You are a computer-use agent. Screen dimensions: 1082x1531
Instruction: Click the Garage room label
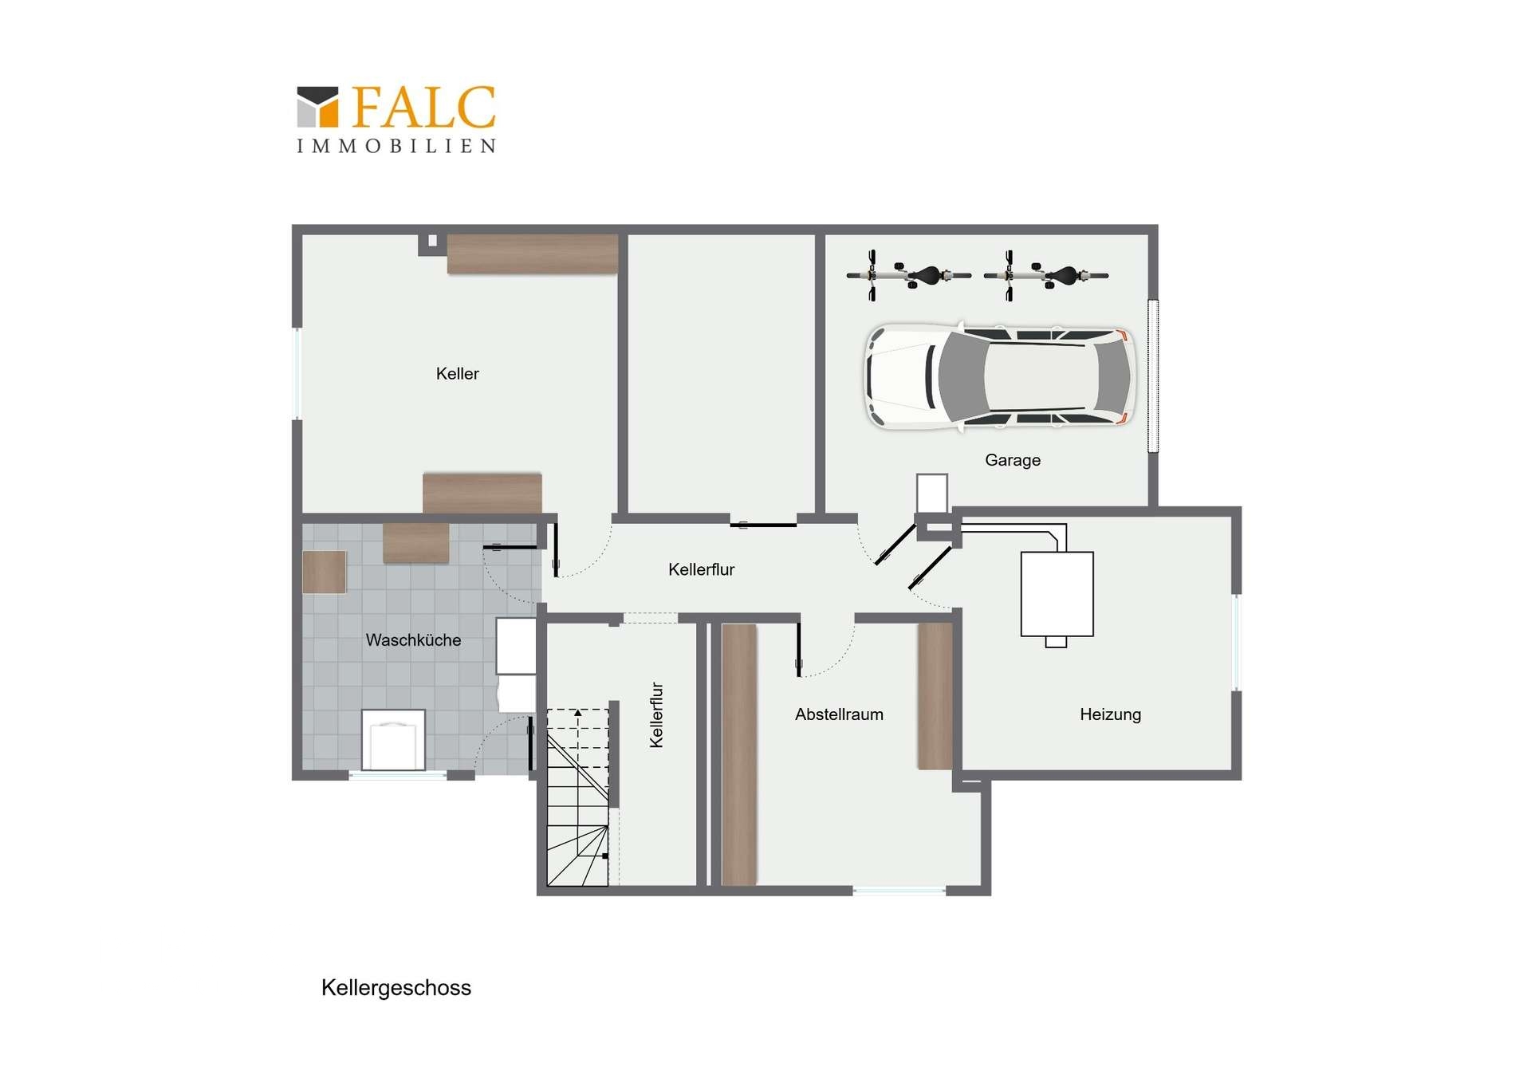pos(1012,460)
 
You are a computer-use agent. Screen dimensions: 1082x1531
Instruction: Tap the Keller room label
pos(457,374)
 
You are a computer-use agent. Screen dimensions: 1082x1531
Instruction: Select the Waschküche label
pos(413,640)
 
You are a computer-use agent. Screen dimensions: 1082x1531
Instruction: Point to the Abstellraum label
pos(839,714)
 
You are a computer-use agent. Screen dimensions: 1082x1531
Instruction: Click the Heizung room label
pos(1110,714)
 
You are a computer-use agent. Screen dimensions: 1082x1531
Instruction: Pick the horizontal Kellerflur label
pos(701,569)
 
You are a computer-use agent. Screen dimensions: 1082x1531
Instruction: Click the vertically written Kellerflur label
pos(656,714)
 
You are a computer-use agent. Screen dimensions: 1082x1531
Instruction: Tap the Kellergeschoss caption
pos(396,988)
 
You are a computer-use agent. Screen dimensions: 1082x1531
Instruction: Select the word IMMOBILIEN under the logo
pos(396,146)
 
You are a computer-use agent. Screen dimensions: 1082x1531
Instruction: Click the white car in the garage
pos(1000,376)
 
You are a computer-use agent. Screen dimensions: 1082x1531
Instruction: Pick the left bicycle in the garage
pos(908,276)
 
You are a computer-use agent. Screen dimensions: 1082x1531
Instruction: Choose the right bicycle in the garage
pos(1045,276)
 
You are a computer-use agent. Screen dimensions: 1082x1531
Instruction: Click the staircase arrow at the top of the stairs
pos(578,714)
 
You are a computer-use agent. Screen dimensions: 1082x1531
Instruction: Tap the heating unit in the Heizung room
pos(1057,594)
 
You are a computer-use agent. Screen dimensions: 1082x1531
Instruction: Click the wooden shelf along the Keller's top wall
pos(532,254)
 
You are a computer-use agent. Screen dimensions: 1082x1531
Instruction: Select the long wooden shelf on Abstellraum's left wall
pos(739,754)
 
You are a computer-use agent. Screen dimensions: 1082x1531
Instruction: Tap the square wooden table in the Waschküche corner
pos(325,572)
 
